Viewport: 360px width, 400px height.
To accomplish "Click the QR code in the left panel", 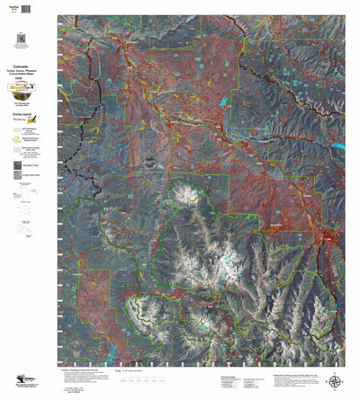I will (x=19, y=37).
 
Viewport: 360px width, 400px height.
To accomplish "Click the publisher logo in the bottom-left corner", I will (x=18, y=382).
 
